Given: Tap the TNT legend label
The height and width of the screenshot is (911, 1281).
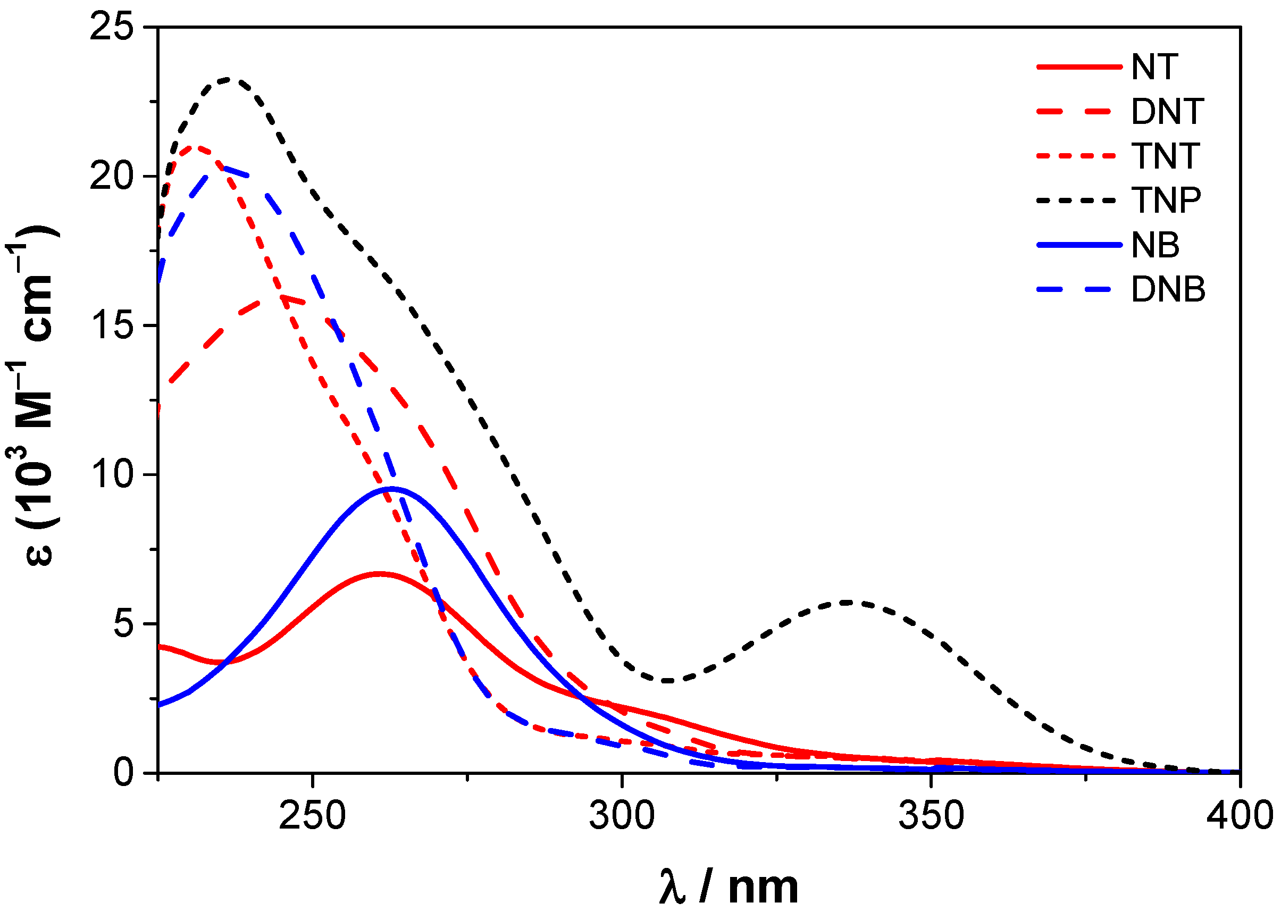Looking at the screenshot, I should pos(1166,155).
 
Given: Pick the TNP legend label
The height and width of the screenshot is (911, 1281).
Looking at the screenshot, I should pos(1167,200).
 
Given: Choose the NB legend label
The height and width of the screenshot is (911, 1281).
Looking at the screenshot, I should pos(1156,245).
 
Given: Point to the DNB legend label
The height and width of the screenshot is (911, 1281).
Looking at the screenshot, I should pos(1168,289).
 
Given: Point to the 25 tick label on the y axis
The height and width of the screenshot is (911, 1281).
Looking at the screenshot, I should pos(112,27).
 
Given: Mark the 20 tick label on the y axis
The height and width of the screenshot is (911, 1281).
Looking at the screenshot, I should pos(112,176).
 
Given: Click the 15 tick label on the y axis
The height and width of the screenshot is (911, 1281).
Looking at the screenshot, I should pos(112,325).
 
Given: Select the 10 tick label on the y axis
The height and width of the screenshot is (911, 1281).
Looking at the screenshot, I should pos(112,474).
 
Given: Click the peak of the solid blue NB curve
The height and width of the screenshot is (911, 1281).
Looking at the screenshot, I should pos(392,488).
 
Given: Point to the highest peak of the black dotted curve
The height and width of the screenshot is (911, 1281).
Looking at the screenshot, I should pos(227,79).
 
